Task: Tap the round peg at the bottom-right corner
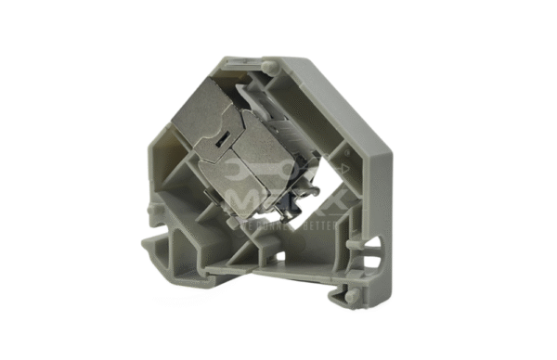[x=358, y=294]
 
